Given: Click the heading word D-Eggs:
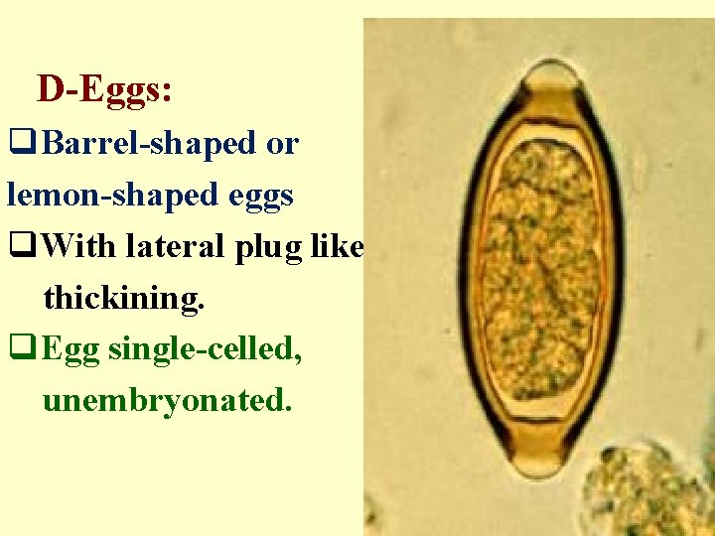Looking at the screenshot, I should [x=105, y=90].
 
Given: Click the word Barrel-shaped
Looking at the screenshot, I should [x=149, y=144].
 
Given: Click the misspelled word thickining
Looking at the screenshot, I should [x=124, y=298].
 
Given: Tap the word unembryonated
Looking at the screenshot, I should [x=167, y=401].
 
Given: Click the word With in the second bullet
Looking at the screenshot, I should [x=80, y=246].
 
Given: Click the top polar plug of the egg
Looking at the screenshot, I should [x=548, y=74].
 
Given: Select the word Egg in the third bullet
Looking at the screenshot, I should [x=72, y=350].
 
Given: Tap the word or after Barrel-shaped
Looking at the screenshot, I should [x=282, y=145].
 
